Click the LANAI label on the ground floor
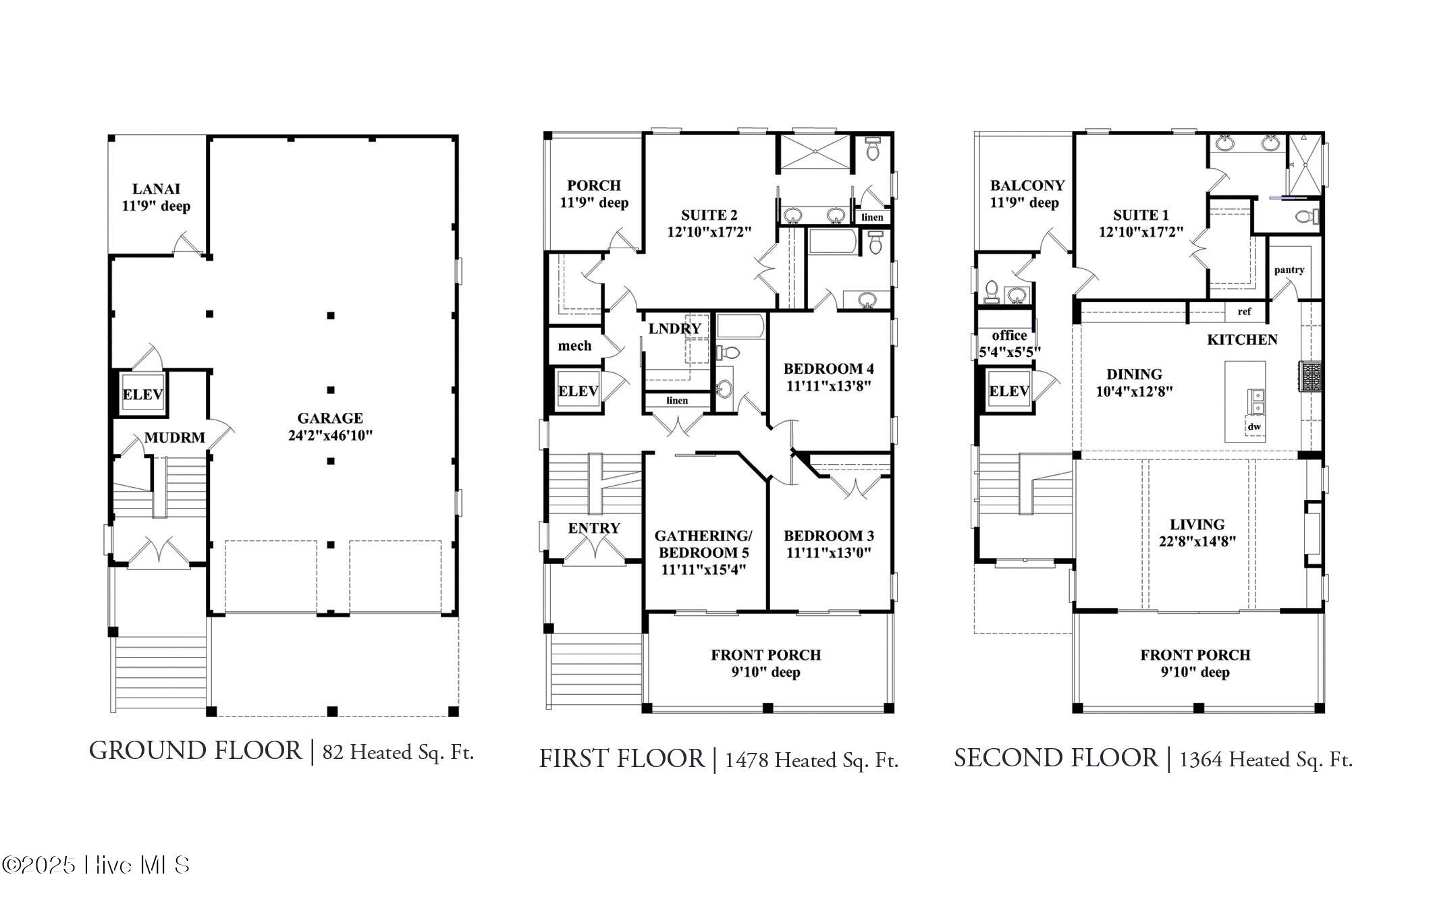tap(156, 190)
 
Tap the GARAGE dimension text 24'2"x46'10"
tap(330, 436)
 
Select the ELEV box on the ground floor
tap(143, 394)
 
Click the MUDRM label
tap(175, 438)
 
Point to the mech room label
tap(574, 346)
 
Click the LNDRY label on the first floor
tap(674, 329)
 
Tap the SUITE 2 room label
tap(709, 215)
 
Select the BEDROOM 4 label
tap(828, 369)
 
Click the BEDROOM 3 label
tap(828, 536)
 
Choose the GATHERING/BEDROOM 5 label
tap(703, 544)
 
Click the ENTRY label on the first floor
tap(594, 528)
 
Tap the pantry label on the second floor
tap(1289, 270)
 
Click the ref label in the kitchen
tap(1244, 312)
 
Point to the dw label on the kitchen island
tap(1254, 427)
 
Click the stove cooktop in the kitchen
tap(1311, 376)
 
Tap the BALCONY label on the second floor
tap(1027, 186)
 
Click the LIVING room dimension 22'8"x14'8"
tap(1197, 541)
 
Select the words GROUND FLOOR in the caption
tap(195, 751)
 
